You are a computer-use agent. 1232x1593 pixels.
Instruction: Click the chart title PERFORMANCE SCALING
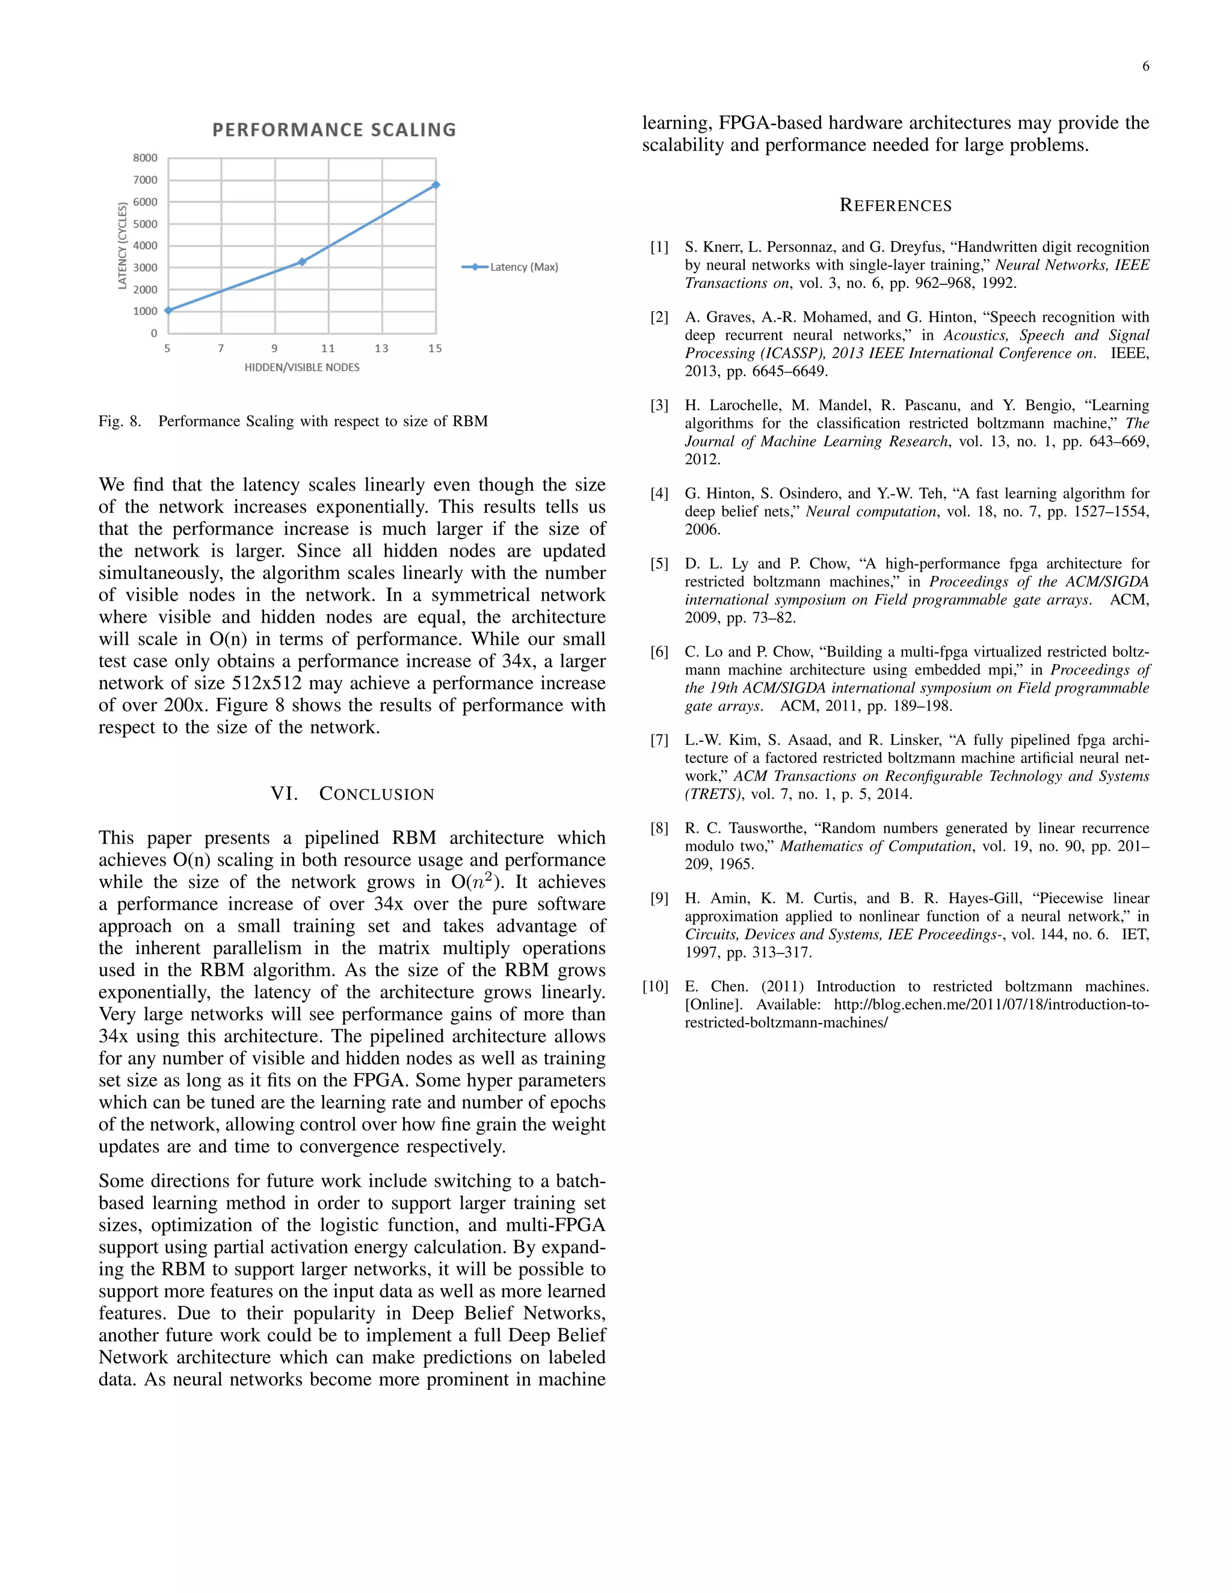(333, 130)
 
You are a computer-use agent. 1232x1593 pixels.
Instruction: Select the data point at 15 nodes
(436, 185)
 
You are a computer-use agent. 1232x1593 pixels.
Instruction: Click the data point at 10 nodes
(302, 261)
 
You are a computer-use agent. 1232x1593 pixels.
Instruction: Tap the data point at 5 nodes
(168, 310)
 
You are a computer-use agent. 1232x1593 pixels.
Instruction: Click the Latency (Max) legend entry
(510, 267)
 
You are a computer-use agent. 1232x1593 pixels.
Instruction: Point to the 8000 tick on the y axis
(145, 157)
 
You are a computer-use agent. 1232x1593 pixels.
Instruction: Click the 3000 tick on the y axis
(145, 267)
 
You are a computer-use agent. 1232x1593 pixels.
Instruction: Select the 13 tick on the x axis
(382, 349)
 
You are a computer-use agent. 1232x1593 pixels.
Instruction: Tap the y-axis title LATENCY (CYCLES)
(123, 246)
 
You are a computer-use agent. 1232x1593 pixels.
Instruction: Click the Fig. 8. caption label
(120, 421)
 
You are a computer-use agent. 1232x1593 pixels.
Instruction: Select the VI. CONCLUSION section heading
(352, 793)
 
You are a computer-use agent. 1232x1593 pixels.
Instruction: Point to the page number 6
(1145, 66)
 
